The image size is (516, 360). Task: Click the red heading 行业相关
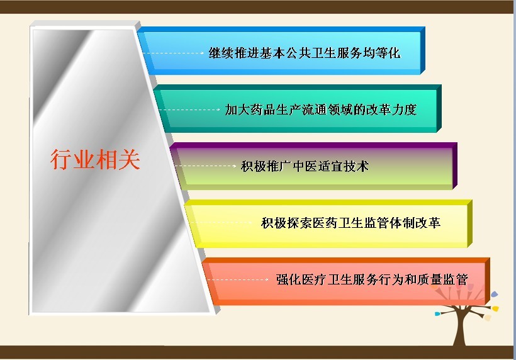95,160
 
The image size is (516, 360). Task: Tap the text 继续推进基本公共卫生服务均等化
305,53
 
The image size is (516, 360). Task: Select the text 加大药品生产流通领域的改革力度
321,110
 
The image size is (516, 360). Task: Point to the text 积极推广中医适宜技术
305,166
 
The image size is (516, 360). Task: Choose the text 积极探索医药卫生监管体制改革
351,223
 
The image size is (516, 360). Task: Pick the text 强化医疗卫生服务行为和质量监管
372,279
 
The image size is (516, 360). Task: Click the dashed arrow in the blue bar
174,53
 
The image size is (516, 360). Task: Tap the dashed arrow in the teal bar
189,110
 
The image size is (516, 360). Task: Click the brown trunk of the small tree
459,329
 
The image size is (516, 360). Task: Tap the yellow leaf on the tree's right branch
495,308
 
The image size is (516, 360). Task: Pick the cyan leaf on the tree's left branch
437,313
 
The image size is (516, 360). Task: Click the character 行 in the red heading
61,160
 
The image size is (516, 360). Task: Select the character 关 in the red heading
130,160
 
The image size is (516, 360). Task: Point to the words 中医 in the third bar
305,166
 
